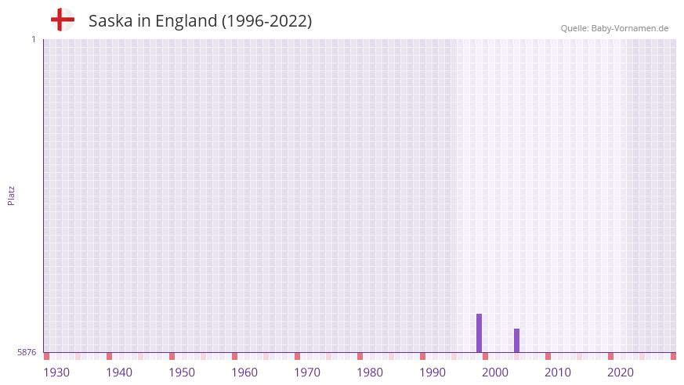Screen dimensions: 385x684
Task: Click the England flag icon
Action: pos(62,20)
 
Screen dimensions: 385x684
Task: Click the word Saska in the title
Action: pos(109,21)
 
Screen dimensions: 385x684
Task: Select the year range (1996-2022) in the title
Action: pos(266,21)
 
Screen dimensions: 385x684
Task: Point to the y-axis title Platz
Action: pos(11,195)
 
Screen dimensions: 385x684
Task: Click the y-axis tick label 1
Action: pos(33,39)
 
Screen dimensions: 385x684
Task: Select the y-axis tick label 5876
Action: pos(27,352)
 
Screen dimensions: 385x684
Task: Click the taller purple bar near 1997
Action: pos(479,333)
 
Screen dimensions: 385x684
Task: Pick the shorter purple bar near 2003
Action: pos(516,340)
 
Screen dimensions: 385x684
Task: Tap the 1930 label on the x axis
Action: pos(56,372)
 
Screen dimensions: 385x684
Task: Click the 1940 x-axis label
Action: pos(119,372)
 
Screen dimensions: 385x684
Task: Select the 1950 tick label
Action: pos(182,372)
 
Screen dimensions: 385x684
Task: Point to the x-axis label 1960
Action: pos(244,372)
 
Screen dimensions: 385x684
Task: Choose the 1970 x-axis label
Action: pos(307,372)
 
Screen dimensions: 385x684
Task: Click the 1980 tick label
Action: pos(370,372)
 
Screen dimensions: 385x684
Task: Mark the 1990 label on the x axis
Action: pos(432,372)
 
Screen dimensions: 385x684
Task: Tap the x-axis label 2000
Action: pos(495,372)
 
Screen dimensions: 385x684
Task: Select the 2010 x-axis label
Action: pos(558,372)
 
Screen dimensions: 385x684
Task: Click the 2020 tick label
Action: pos(621,372)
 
